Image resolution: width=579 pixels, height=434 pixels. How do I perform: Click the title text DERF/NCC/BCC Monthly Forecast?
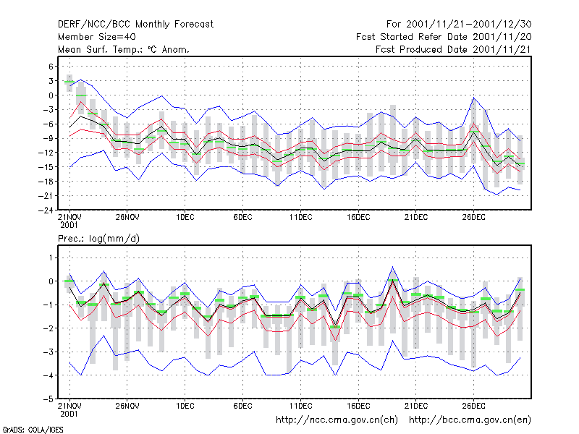coord(135,25)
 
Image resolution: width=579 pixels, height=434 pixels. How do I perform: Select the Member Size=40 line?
coord(97,37)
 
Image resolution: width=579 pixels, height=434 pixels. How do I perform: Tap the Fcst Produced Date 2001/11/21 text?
coord(454,49)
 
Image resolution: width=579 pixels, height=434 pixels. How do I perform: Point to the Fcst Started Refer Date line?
coord(444,37)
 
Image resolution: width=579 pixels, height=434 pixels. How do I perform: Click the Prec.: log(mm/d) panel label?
coord(98,239)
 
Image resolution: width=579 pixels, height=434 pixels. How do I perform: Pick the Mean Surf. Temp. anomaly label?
coord(124,49)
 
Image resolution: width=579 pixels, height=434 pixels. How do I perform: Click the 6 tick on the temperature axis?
coord(51,67)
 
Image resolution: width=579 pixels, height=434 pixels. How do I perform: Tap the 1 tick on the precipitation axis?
coord(51,258)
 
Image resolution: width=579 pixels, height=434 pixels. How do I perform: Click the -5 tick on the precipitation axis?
coord(48,399)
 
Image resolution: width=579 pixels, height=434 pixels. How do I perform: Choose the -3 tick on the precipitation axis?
coord(48,352)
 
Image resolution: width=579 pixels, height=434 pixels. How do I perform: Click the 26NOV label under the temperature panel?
coord(127,217)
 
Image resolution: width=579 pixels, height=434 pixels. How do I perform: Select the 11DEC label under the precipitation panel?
coord(300,406)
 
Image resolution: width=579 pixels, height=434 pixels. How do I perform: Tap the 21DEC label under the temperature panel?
coord(415,217)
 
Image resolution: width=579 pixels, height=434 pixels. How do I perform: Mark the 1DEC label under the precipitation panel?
coord(185,406)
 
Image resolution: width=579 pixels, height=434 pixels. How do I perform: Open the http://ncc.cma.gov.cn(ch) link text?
coord(337,420)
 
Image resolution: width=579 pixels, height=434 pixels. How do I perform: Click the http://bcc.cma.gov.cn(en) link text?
coord(470,420)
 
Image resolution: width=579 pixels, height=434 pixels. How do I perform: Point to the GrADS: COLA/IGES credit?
coord(33,430)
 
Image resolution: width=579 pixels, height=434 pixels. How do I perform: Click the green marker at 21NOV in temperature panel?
coord(69,82)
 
